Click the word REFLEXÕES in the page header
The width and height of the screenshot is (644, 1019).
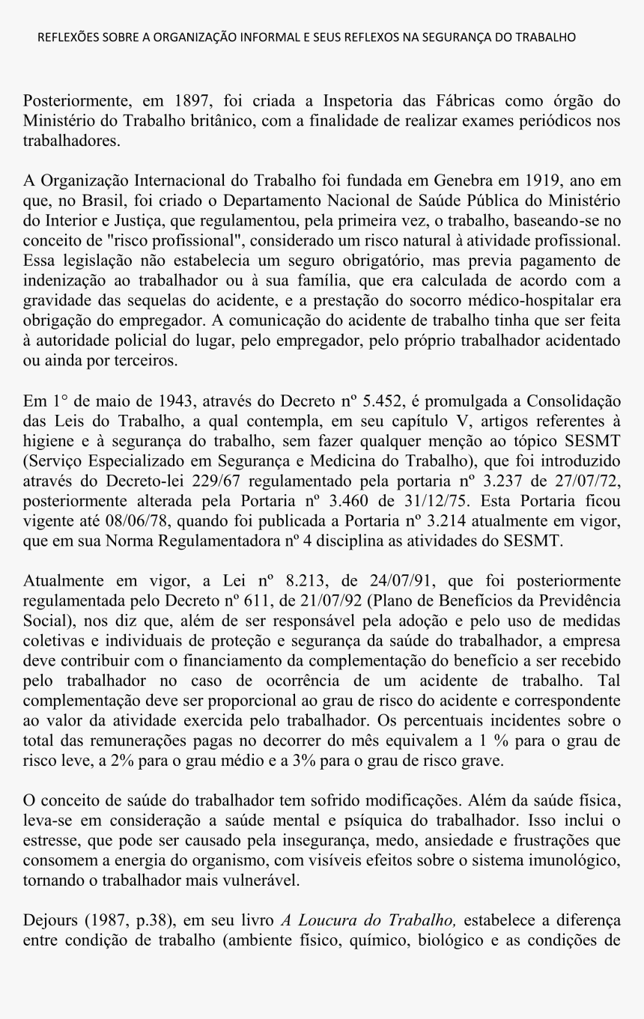click(x=65, y=37)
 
